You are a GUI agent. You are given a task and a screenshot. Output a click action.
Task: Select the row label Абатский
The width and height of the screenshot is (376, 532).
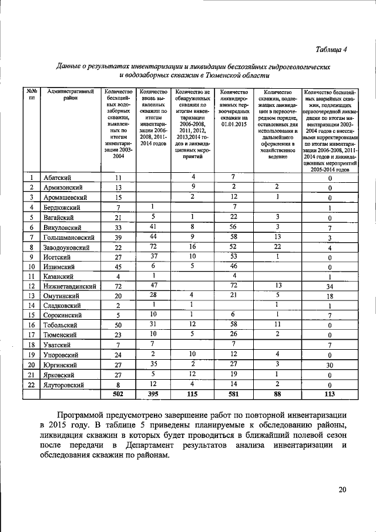click(x=58, y=178)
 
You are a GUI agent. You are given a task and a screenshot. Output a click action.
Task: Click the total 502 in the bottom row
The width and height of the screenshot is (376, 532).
click(x=117, y=394)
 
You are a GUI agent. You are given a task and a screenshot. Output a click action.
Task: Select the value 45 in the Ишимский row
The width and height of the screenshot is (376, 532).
click(x=117, y=266)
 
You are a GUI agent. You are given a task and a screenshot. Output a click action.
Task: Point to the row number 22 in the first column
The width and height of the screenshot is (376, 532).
click(x=31, y=384)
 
